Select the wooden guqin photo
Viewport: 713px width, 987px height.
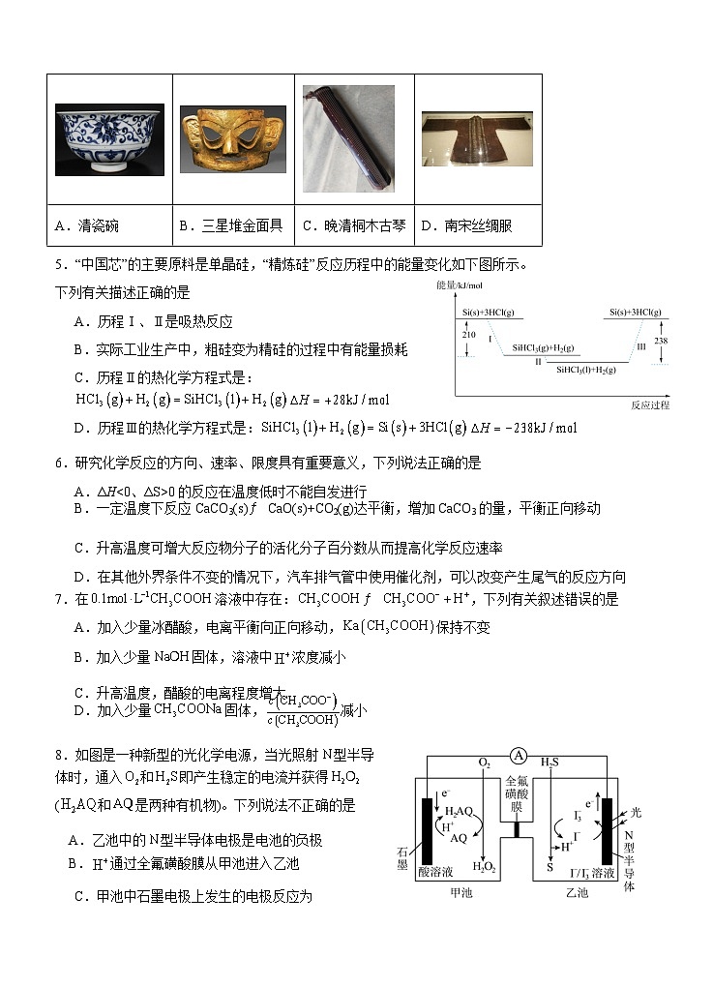[349, 138]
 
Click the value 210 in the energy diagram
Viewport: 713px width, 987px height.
[469, 334]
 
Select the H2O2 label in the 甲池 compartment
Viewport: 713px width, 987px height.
[484, 867]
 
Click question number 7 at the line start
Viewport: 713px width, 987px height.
[60, 600]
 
